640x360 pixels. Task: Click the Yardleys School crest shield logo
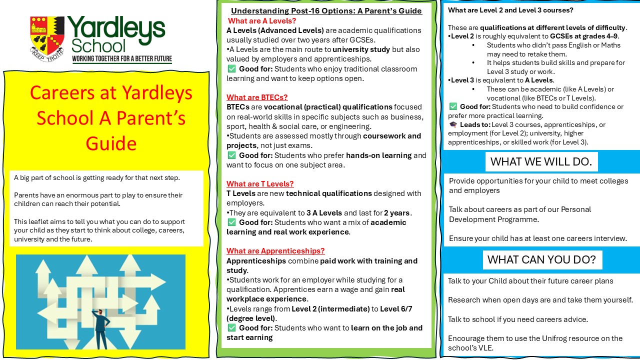pos(47,36)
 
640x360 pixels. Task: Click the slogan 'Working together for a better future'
pos(122,59)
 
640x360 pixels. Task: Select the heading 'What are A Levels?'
pos(262,21)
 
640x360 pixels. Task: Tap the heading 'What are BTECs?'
pos(257,97)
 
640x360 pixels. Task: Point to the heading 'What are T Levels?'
pos(260,184)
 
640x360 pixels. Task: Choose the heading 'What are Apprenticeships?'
pos(275,251)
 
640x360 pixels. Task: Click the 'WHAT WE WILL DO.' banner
pos(541,161)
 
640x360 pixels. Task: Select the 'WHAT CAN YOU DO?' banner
pos(541,259)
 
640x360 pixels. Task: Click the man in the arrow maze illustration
pos(101,328)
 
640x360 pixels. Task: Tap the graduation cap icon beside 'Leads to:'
pos(453,124)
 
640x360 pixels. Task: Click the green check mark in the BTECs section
pos(231,155)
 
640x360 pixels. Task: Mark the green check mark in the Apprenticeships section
pos(231,328)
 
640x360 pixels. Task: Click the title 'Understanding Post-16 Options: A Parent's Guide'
pos(326,11)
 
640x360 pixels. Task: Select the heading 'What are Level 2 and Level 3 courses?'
pos(510,10)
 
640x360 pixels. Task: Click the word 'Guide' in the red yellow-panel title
pos(111,143)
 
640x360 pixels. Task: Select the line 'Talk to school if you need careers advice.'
pos(517,319)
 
